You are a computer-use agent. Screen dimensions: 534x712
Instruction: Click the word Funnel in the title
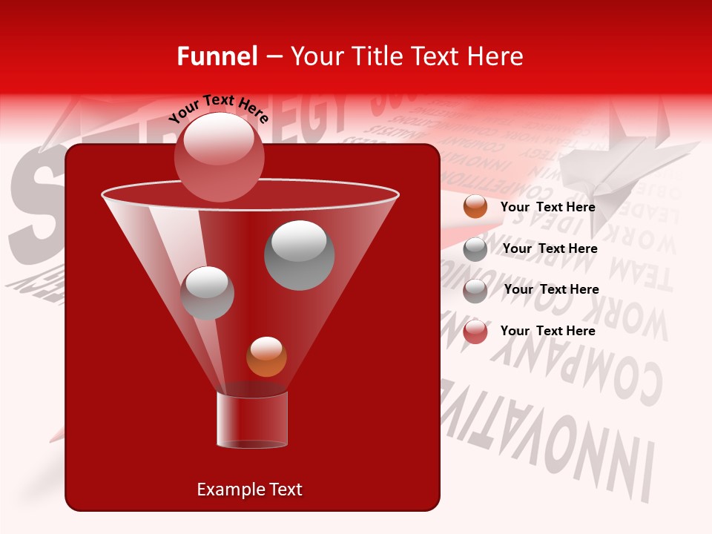217,56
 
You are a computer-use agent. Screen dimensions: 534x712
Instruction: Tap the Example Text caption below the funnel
249,489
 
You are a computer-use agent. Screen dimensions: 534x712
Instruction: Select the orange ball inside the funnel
266,357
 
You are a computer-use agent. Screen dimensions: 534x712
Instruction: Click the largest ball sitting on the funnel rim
219,156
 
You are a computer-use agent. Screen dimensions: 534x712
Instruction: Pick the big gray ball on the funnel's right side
299,255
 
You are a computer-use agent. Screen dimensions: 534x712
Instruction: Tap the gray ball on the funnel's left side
207,293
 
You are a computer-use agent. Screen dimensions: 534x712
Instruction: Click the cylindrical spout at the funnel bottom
252,420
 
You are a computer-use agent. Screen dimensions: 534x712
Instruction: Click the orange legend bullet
475,207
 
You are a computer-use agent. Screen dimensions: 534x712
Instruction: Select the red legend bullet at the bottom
475,332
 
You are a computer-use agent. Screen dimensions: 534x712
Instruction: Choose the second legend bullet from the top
475,249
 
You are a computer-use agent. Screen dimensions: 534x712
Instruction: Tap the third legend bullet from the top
475,291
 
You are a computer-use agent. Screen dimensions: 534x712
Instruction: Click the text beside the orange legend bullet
547,207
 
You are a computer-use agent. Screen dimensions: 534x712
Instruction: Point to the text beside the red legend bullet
547,331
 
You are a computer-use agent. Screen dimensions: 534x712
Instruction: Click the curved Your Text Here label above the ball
218,109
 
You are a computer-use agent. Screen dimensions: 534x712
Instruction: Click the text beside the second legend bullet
550,248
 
